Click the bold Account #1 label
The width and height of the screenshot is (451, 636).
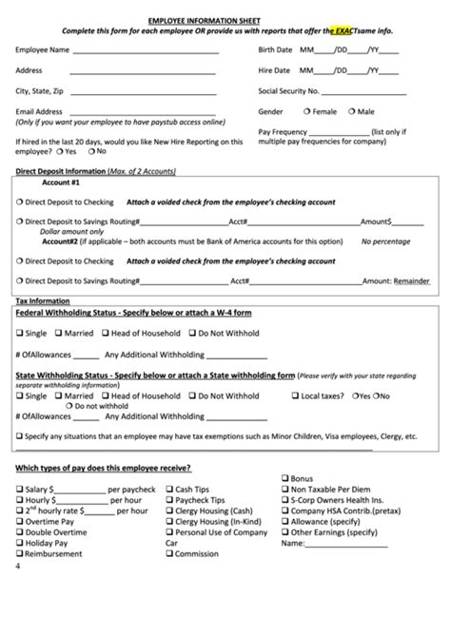(x=62, y=181)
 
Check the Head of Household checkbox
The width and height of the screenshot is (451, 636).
(x=108, y=334)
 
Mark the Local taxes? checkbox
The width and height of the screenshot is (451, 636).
(x=295, y=395)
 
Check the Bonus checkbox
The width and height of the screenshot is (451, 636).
(x=284, y=478)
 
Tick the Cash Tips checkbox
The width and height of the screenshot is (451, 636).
(x=168, y=489)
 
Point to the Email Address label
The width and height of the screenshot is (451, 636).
(x=43, y=112)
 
